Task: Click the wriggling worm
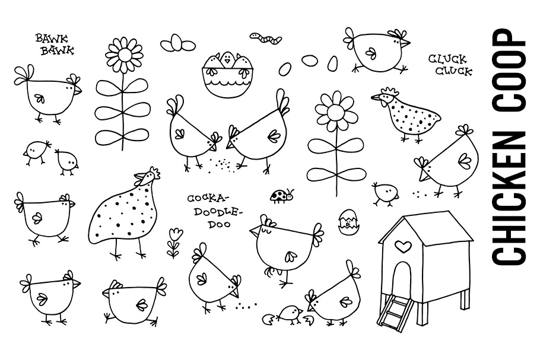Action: pyautogui.click(x=265, y=38)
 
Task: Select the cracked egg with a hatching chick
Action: pyautogui.click(x=348, y=222)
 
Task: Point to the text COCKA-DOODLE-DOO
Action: pyautogui.click(x=214, y=211)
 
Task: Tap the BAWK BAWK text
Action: pyautogui.click(x=55, y=44)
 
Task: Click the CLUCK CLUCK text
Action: pyautogui.click(x=450, y=65)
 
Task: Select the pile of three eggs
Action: pyautogui.click(x=177, y=43)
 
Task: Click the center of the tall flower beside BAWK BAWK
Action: pyautogui.click(x=123, y=55)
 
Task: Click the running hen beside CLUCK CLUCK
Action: pyautogui.click(x=377, y=50)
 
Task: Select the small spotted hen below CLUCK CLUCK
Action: pyautogui.click(x=406, y=114)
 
